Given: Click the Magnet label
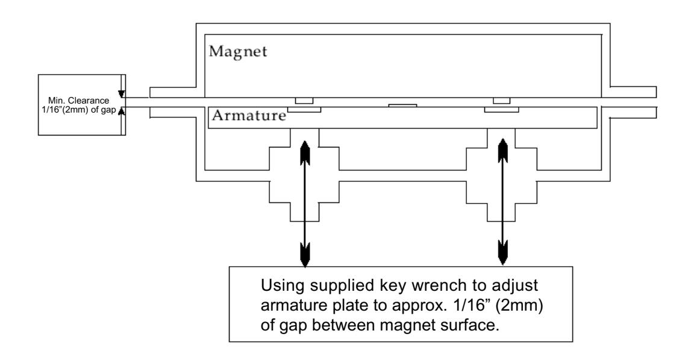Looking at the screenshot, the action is click(238, 52).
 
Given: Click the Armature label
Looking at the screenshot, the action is click(249, 116).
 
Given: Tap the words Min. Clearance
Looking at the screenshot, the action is click(78, 101).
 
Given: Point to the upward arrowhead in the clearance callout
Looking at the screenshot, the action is click(121, 110).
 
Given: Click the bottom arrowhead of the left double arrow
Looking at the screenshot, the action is click(304, 254).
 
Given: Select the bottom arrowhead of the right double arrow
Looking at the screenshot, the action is click(502, 253).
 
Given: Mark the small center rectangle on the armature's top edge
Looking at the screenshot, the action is click(402, 106).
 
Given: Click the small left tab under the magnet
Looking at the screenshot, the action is click(304, 101).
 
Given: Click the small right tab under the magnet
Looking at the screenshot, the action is click(501, 101).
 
